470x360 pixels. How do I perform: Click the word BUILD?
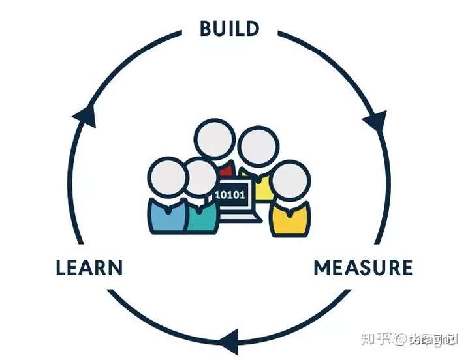tap(229, 29)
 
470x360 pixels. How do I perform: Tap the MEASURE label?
tap(363, 268)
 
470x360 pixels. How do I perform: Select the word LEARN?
tap(89, 268)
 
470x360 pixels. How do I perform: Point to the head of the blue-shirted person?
tap(167, 177)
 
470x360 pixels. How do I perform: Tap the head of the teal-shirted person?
tap(200, 177)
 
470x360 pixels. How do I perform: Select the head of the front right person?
tap(289, 180)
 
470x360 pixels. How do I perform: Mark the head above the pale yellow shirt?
tap(257, 147)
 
